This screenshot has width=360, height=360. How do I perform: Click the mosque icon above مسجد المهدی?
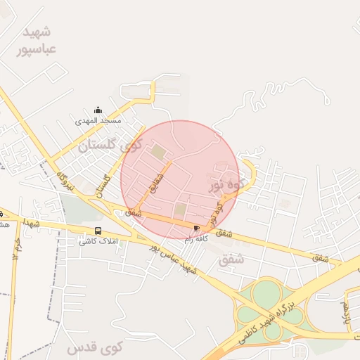click(98, 110)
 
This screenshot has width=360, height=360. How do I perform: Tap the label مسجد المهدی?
click(98, 120)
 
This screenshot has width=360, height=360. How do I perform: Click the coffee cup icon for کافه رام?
click(196, 228)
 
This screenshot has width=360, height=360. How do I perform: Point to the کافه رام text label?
click(196, 239)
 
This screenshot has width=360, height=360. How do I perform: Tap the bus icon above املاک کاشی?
click(98, 231)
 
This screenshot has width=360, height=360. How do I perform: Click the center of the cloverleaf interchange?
click(266, 309)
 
